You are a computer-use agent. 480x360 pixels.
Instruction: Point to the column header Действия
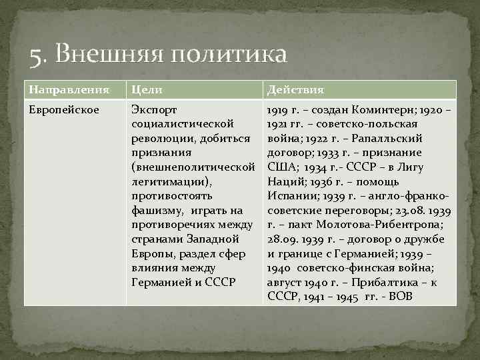(x=295, y=90)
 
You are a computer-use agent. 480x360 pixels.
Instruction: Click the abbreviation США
(x=281, y=167)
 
